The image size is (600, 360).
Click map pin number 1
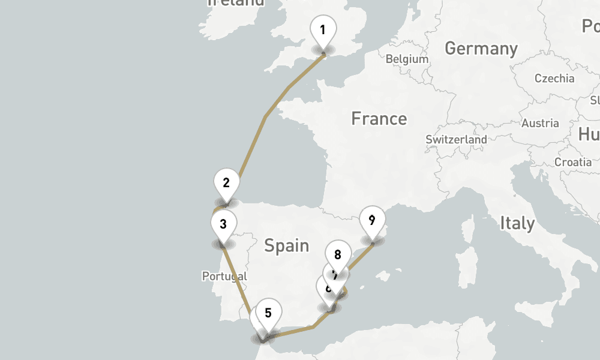point(323,31)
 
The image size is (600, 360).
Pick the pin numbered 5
point(268,313)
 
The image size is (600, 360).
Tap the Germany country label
point(481,49)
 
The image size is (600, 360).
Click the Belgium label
point(407,59)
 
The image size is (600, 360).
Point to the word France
point(379,119)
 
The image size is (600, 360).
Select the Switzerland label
point(456,139)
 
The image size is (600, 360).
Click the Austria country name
point(540,124)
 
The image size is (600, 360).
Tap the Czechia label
point(554,78)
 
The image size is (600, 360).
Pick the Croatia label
point(573,162)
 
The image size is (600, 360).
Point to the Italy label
point(517,223)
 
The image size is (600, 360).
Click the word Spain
point(287,245)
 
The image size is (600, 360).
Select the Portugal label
point(224,276)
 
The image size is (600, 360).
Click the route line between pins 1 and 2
point(265,117)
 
